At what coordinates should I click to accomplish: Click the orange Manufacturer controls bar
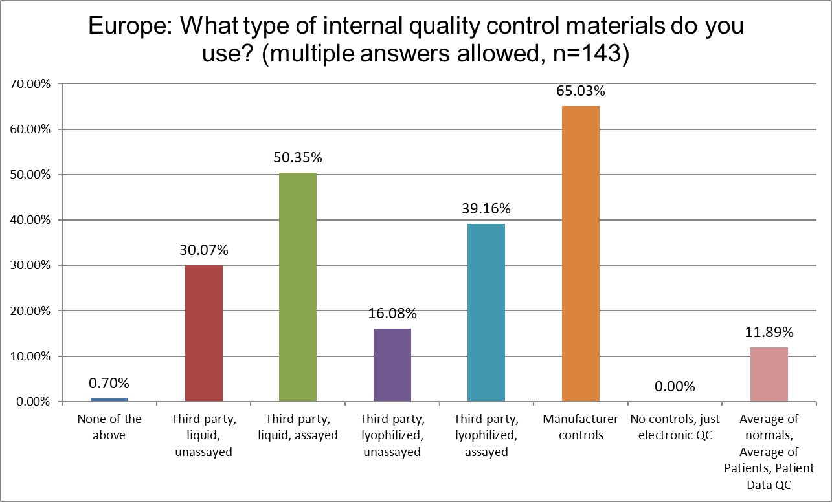[x=580, y=254]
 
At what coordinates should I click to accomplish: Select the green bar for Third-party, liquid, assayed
[x=298, y=287]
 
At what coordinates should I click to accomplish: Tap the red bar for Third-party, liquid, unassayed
[x=204, y=333]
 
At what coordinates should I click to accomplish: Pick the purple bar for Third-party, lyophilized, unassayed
[x=392, y=365]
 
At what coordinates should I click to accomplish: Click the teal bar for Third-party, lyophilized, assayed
[x=486, y=312]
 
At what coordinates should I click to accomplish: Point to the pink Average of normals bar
[x=769, y=375]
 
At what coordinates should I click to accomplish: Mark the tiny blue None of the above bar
[x=109, y=400]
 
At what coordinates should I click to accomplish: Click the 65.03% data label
[x=580, y=91]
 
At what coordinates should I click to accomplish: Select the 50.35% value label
[x=298, y=157]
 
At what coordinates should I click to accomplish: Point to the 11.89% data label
[x=769, y=333]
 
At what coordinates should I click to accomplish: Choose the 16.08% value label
[x=392, y=314]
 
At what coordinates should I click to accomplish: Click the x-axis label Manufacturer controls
[x=580, y=427]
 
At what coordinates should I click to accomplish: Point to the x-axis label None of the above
[x=109, y=427]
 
